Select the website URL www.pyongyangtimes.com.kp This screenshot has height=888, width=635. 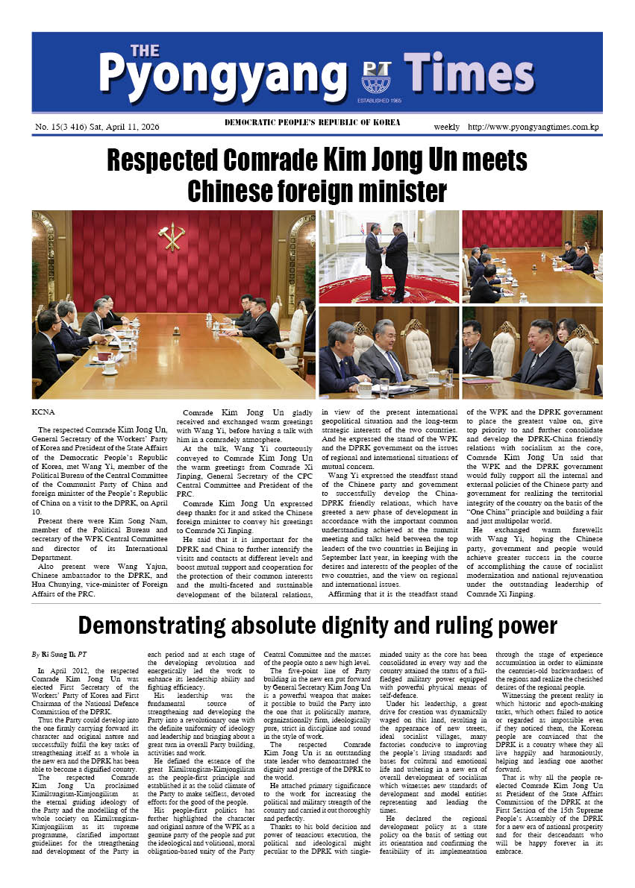pyautogui.click(x=534, y=127)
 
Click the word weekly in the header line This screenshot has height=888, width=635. pyautogui.click(x=447, y=127)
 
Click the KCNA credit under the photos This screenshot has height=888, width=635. pyautogui.click(x=44, y=411)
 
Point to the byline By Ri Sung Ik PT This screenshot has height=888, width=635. pyautogui.click(x=59, y=653)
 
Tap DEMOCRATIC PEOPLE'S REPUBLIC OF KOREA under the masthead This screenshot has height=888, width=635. pyautogui.click(x=312, y=122)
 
